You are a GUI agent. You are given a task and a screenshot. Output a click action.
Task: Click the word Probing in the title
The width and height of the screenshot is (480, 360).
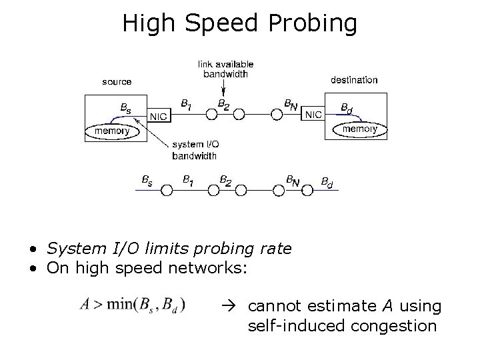tap(314, 25)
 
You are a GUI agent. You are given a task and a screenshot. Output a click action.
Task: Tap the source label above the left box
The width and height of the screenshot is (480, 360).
tap(117, 82)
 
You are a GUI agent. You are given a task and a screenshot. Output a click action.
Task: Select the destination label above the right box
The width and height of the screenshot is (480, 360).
tap(354, 80)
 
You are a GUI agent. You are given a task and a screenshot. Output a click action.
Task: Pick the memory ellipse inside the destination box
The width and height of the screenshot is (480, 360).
tap(359, 129)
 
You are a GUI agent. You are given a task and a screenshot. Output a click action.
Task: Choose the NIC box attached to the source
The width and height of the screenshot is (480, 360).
tap(159, 117)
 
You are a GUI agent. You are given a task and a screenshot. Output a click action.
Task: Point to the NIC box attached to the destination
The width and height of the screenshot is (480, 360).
tap(313, 115)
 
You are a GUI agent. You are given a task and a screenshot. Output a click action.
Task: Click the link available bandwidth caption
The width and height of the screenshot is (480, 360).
tap(226, 69)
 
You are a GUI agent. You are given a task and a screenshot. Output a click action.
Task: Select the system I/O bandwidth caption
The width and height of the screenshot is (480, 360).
tap(194, 151)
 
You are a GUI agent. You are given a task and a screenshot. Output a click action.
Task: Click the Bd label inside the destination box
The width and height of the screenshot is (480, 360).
tap(347, 107)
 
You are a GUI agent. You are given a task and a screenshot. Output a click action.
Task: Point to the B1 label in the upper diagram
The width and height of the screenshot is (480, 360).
tap(187, 103)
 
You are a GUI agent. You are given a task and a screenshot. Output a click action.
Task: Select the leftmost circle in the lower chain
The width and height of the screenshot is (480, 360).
tap(167, 190)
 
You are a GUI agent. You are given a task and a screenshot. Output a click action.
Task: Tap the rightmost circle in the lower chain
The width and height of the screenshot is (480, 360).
tap(306, 190)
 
